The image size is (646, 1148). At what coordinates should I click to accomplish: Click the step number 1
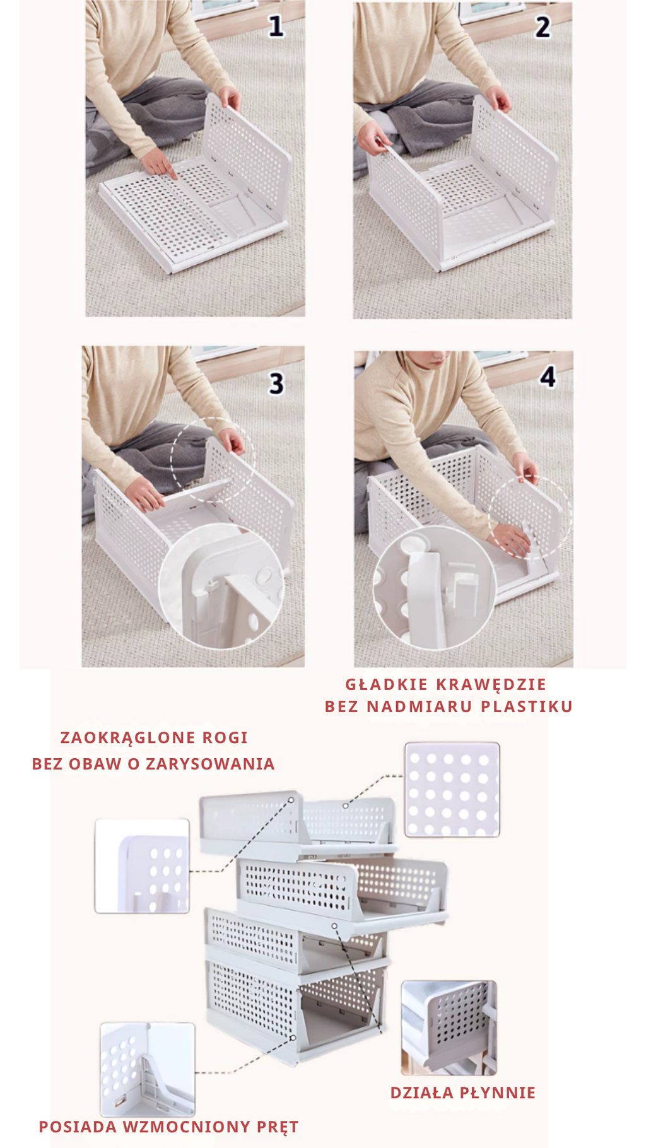point(276,26)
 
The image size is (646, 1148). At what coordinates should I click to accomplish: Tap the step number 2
point(543,27)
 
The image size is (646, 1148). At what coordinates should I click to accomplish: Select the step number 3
point(276,384)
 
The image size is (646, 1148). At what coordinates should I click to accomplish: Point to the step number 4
point(548,377)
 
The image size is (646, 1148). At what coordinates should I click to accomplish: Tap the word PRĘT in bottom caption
point(278,1127)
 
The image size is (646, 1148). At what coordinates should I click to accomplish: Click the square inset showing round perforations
point(452,790)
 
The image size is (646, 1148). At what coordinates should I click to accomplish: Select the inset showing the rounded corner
point(142,865)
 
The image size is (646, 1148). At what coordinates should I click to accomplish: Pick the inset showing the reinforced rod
point(147,1069)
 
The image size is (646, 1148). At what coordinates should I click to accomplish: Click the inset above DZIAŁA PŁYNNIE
point(449,1028)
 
